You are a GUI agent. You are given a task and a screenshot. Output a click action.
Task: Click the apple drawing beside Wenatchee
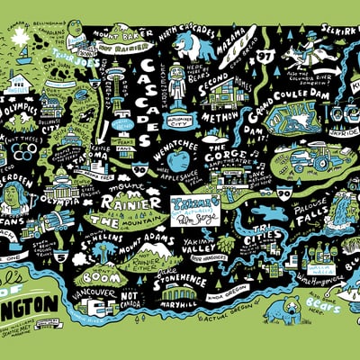pos(179,161)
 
